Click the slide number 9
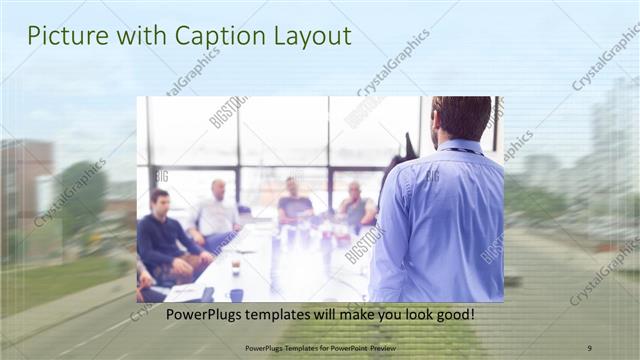tap(589, 348)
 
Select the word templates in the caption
tap(279, 315)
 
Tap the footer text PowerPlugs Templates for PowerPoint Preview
tap(319, 348)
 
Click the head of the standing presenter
tap(461, 118)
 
